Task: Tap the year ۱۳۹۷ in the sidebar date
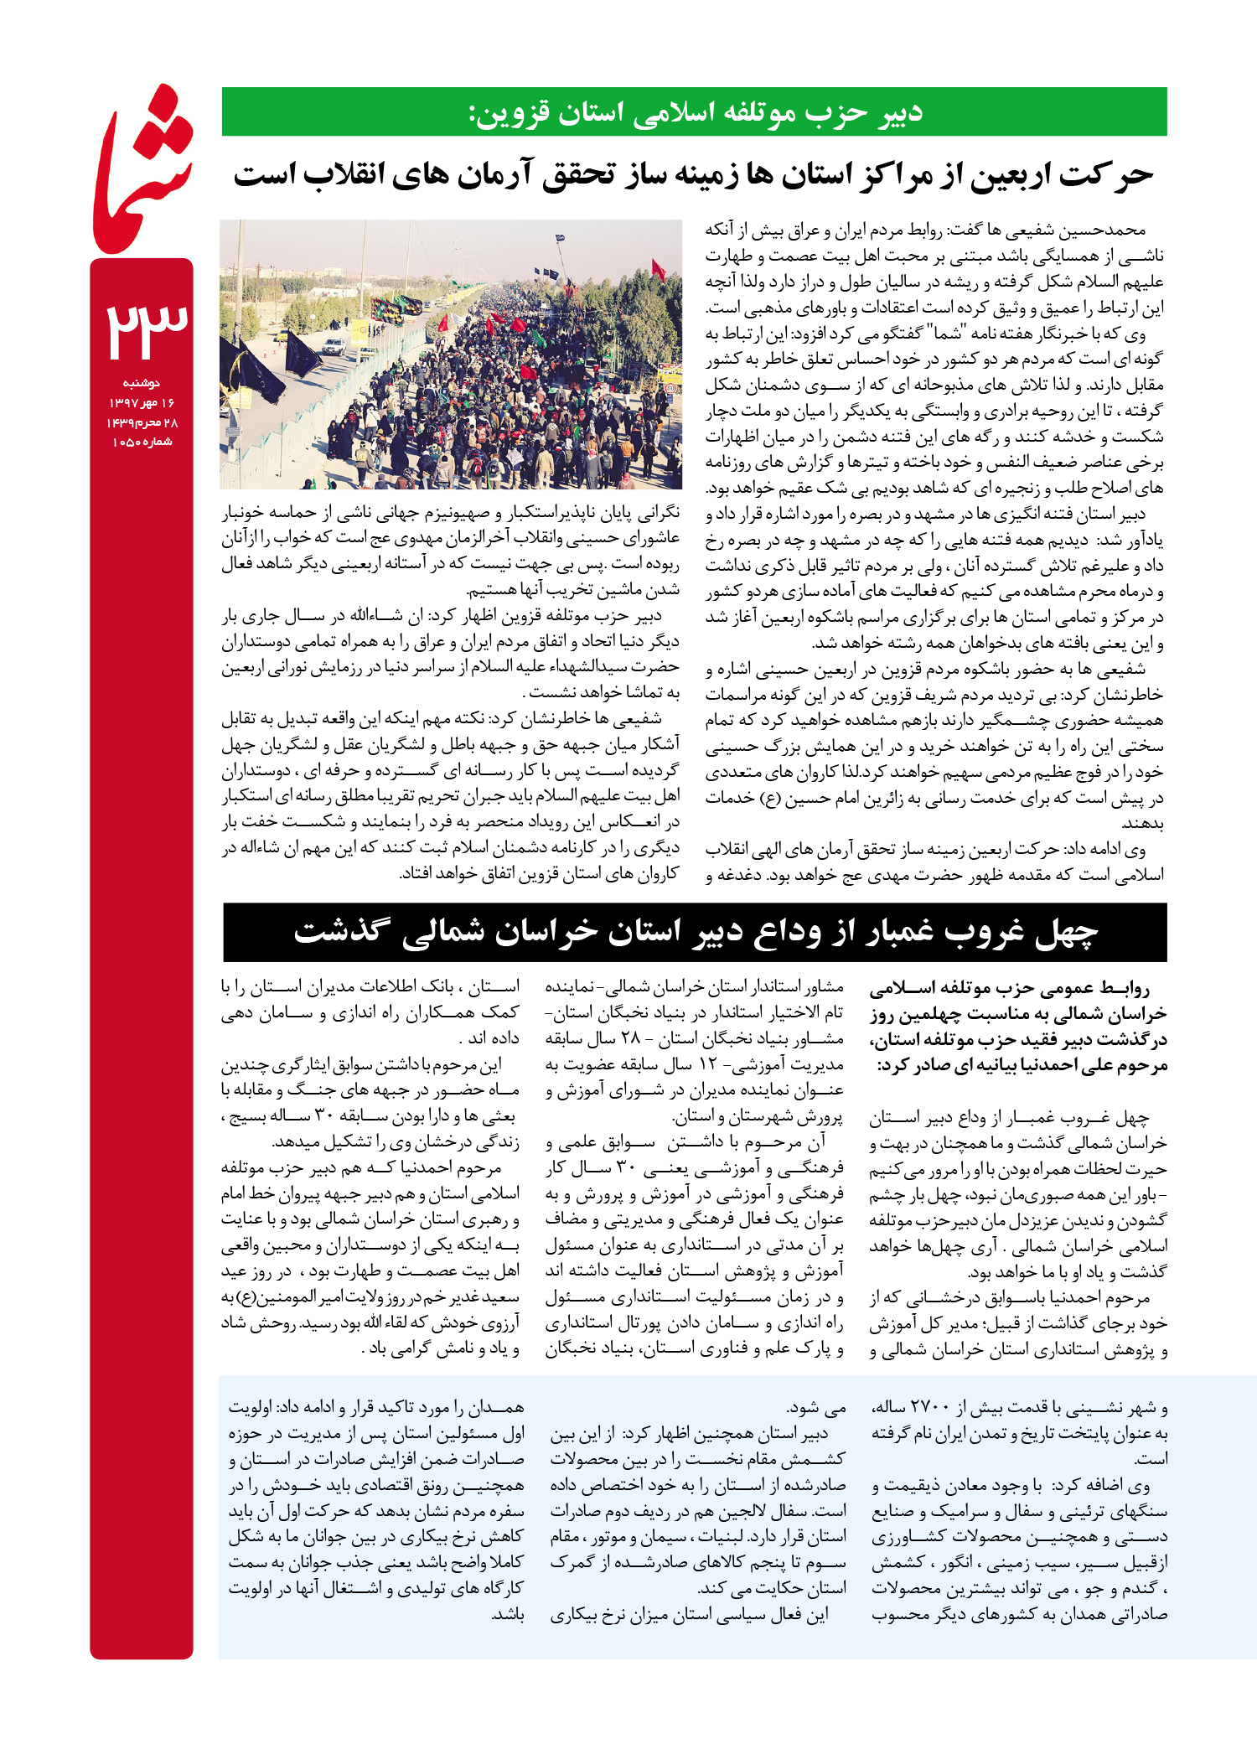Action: [122, 403]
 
